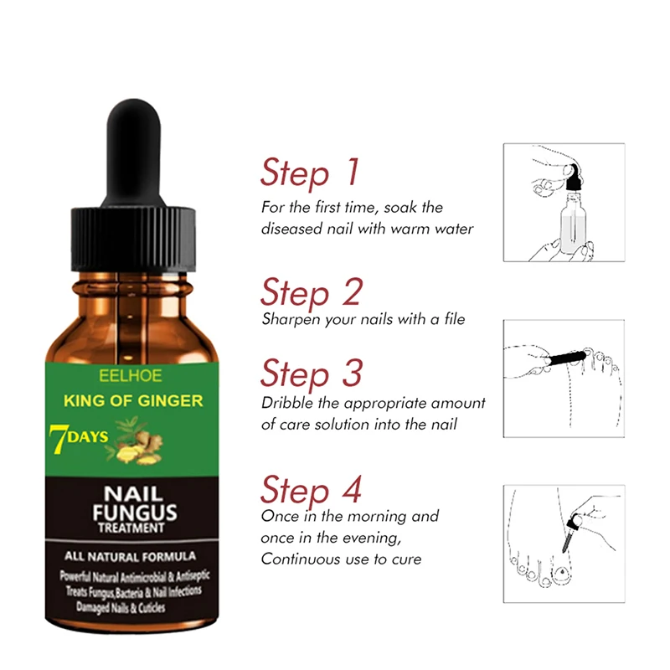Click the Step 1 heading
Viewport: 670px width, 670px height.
[x=310, y=173]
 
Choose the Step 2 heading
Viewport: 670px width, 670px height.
[x=311, y=292]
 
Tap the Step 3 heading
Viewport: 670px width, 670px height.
[x=311, y=373]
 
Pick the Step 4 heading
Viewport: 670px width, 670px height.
[x=311, y=488]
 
